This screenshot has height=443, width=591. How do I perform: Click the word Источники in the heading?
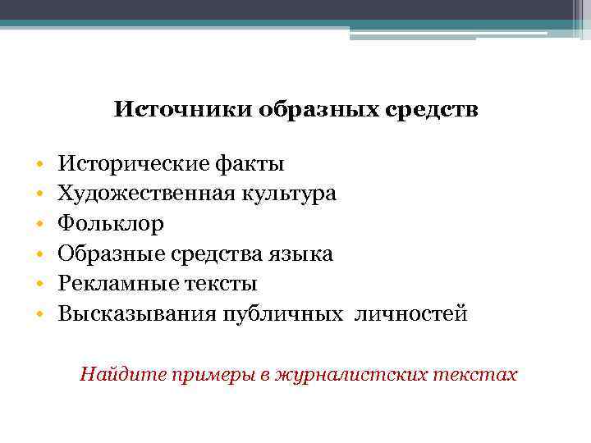click(x=183, y=109)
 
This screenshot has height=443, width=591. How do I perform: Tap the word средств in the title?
click(x=435, y=109)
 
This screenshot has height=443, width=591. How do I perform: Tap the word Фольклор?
click(x=111, y=223)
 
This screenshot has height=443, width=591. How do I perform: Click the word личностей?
click(x=410, y=313)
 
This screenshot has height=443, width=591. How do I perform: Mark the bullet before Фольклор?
click(x=39, y=224)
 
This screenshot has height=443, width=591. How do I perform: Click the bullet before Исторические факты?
click(x=39, y=164)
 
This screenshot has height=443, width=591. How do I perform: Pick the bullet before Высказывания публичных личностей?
click(x=39, y=314)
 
